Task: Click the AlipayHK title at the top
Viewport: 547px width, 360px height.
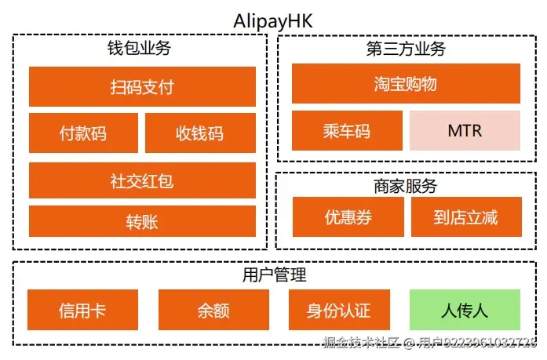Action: click(x=273, y=21)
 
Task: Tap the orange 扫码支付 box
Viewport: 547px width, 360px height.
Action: click(x=142, y=86)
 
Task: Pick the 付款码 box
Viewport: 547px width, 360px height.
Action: click(x=83, y=133)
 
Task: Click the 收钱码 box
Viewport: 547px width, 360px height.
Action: click(x=200, y=133)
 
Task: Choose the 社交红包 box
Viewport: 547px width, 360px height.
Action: click(x=142, y=180)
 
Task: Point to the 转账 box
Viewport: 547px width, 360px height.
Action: click(x=142, y=221)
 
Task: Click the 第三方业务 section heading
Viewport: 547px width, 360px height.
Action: click(x=406, y=48)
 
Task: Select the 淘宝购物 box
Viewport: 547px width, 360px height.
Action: click(x=406, y=84)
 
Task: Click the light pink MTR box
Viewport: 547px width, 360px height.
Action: click(x=465, y=130)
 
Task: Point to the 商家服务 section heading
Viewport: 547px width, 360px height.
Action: click(x=406, y=187)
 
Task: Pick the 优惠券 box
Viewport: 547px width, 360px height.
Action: click(x=348, y=217)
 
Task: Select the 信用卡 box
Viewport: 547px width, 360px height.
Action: click(x=82, y=310)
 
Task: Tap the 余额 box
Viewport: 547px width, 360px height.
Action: click(x=213, y=310)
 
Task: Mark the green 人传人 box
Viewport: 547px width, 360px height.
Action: click(x=465, y=310)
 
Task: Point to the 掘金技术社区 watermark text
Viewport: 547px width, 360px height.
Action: click(x=362, y=343)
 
